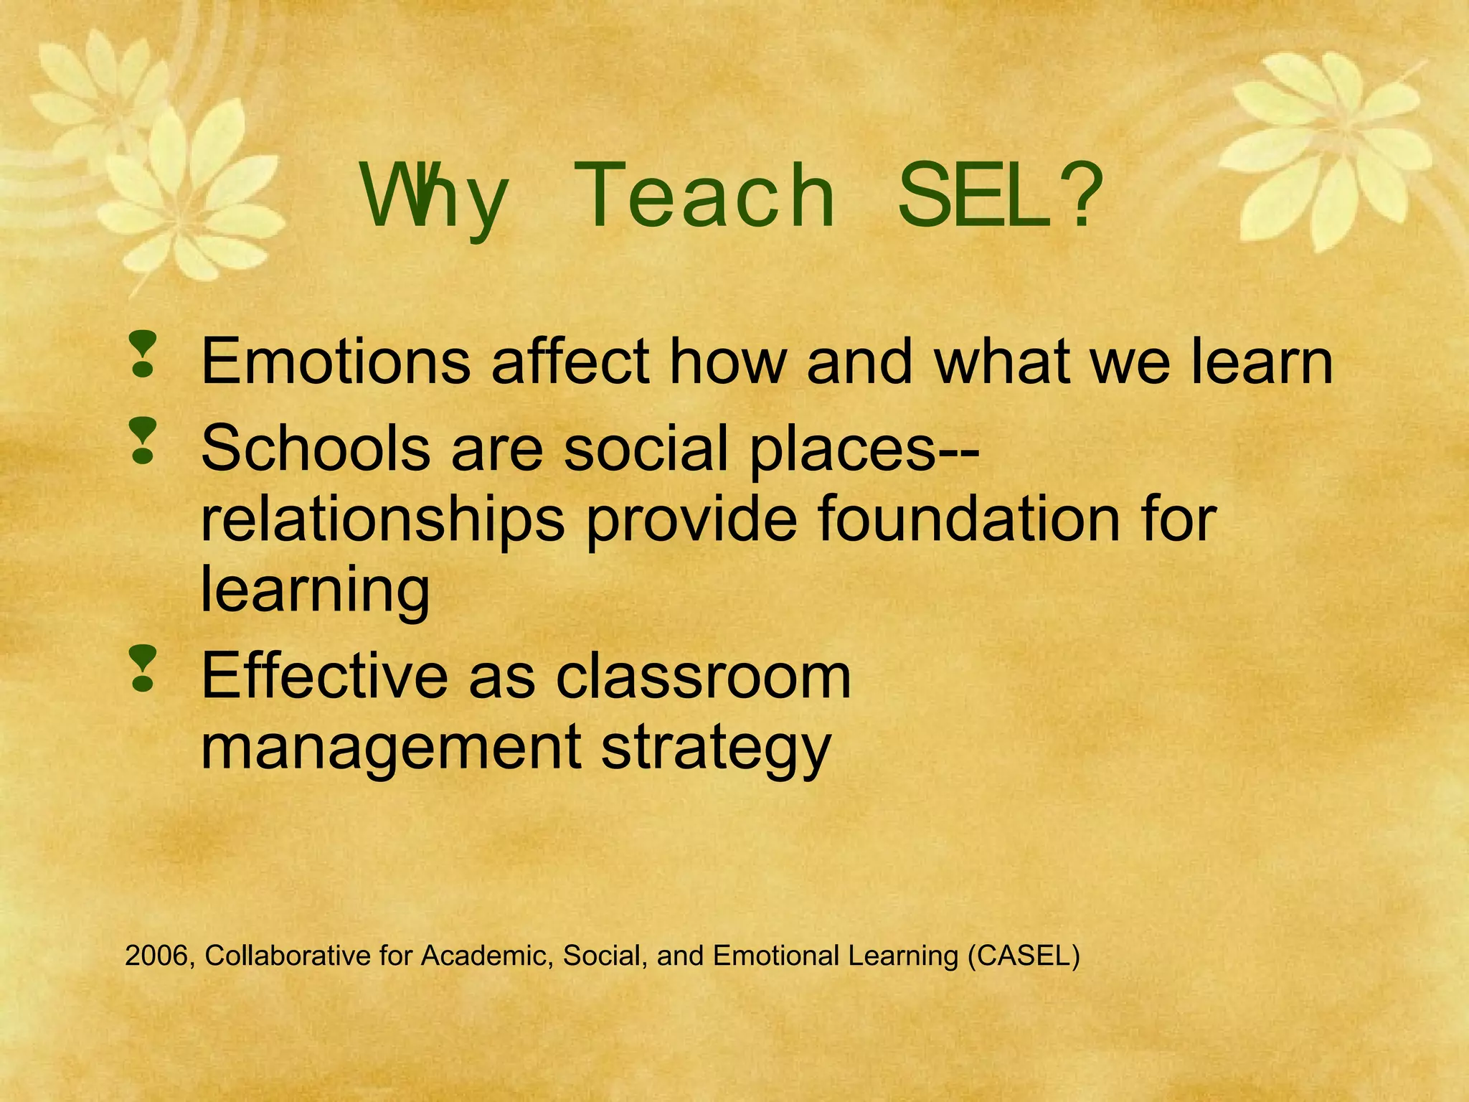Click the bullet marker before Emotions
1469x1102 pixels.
(x=143, y=354)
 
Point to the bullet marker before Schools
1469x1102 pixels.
(x=143, y=441)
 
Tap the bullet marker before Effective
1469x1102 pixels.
(x=143, y=669)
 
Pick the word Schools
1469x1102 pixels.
(x=315, y=448)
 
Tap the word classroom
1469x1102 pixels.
(x=703, y=676)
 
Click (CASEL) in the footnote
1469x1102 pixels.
(x=1023, y=956)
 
